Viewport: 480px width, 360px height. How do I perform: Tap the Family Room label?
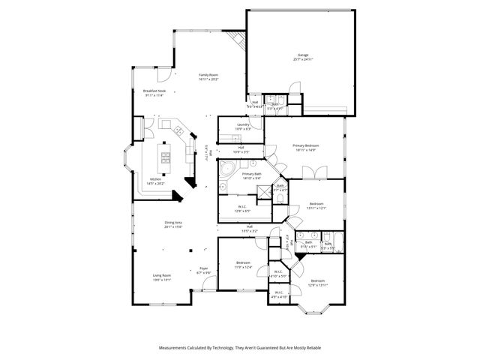[208, 76]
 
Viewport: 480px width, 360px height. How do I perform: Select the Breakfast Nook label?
[154, 91]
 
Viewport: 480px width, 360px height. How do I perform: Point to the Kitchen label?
[155, 179]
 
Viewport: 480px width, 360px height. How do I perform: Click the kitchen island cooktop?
[165, 156]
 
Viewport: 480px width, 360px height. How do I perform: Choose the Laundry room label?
[243, 125]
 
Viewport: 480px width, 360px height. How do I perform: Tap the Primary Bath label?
[251, 175]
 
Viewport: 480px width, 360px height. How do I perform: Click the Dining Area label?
[174, 223]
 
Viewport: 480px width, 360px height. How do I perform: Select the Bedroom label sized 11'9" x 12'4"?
[243, 265]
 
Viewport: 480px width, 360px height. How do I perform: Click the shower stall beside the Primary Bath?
[264, 192]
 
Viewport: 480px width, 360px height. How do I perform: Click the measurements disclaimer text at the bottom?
[239, 348]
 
